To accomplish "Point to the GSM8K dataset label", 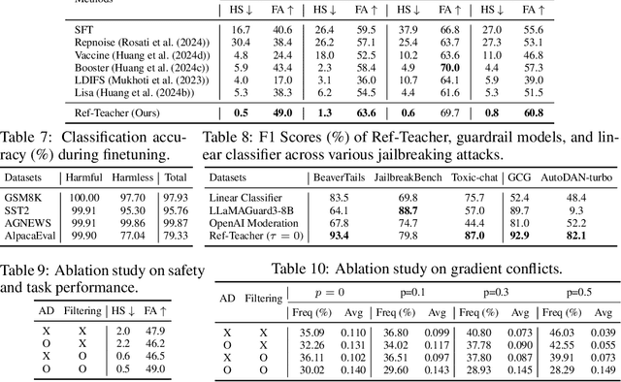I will (x=22, y=196).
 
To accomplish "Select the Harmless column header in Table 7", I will (x=138, y=176).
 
